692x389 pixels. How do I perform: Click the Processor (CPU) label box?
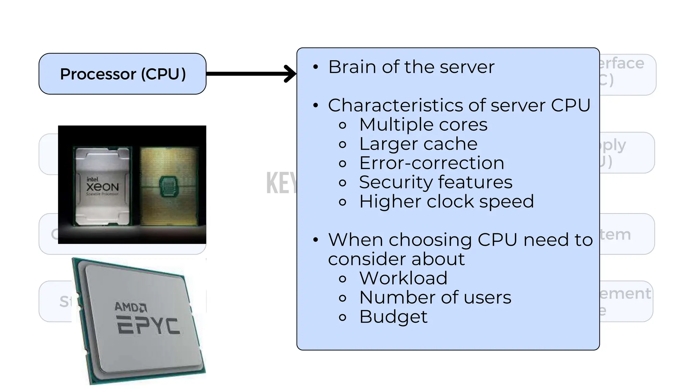122,74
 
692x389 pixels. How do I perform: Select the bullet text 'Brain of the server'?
411,67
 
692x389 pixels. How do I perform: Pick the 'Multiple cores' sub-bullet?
423,125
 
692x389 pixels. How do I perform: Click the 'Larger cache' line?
418,144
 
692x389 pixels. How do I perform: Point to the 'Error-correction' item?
431,163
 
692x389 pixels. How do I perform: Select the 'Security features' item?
436,182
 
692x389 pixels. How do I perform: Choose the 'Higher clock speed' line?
446,202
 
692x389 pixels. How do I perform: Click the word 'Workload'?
403,278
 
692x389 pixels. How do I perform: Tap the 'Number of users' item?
435,297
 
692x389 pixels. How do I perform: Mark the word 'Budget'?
393,317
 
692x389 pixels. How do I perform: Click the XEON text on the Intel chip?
102,187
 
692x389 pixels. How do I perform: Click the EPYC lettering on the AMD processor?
148,326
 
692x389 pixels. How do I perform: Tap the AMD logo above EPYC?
130,307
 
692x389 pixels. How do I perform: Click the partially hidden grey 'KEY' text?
281,183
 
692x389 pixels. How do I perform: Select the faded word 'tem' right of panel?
615,234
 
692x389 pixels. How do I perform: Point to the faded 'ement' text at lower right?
625,293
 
